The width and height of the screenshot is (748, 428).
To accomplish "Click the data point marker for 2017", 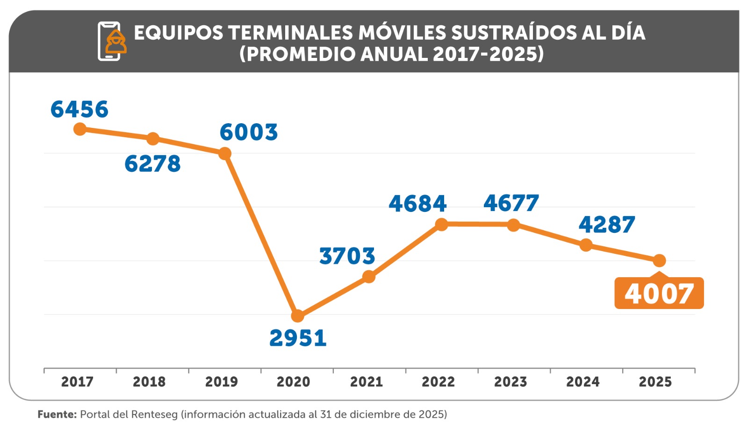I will pyautogui.click(x=80, y=129).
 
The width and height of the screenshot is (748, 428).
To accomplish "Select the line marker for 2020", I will pyautogui.click(x=297, y=316).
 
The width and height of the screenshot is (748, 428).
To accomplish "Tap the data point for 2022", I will pyautogui.click(x=441, y=224).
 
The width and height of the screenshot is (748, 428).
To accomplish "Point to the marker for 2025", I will pyautogui.click(x=659, y=260).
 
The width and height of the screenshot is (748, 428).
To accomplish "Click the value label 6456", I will pyautogui.click(x=79, y=109).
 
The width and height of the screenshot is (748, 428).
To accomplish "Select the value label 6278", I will pyautogui.click(x=152, y=164).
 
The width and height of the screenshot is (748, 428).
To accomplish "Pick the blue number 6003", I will pyautogui.click(x=249, y=132).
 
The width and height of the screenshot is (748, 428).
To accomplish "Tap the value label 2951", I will pyautogui.click(x=298, y=338).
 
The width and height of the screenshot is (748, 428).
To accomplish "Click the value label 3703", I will pyautogui.click(x=347, y=256).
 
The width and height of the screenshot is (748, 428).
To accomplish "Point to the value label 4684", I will pyautogui.click(x=417, y=204).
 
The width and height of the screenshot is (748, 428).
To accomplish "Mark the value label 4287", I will pyautogui.click(x=607, y=225).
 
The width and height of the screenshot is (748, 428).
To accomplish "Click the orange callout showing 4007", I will pyautogui.click(x=659, y=294).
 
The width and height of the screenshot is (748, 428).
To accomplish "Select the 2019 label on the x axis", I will pyautogui.click(x=222, y=382).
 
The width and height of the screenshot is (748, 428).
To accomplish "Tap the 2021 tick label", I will pyautogui.click(x=367, y=382).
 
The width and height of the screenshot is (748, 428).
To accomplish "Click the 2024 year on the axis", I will pyautogui.click(x=583, y=382).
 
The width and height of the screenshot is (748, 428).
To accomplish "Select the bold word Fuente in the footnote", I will pyautogui.click(x=57, y=414).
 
